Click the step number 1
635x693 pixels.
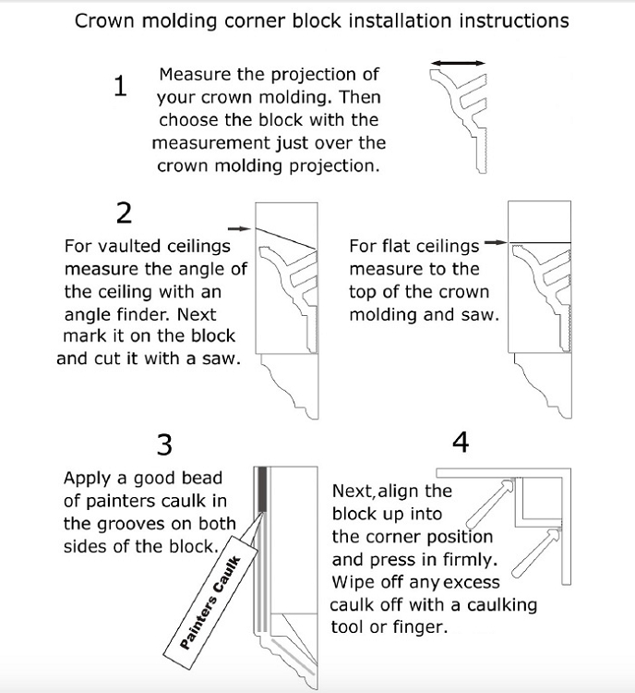coord(119,86)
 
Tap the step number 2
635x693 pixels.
coord(124,213)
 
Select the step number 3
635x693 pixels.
coord(164,445)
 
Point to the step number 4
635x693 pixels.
coord(461,443)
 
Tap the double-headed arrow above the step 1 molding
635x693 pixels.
coord(459,62)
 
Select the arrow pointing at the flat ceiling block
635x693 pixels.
coord(496,244)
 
